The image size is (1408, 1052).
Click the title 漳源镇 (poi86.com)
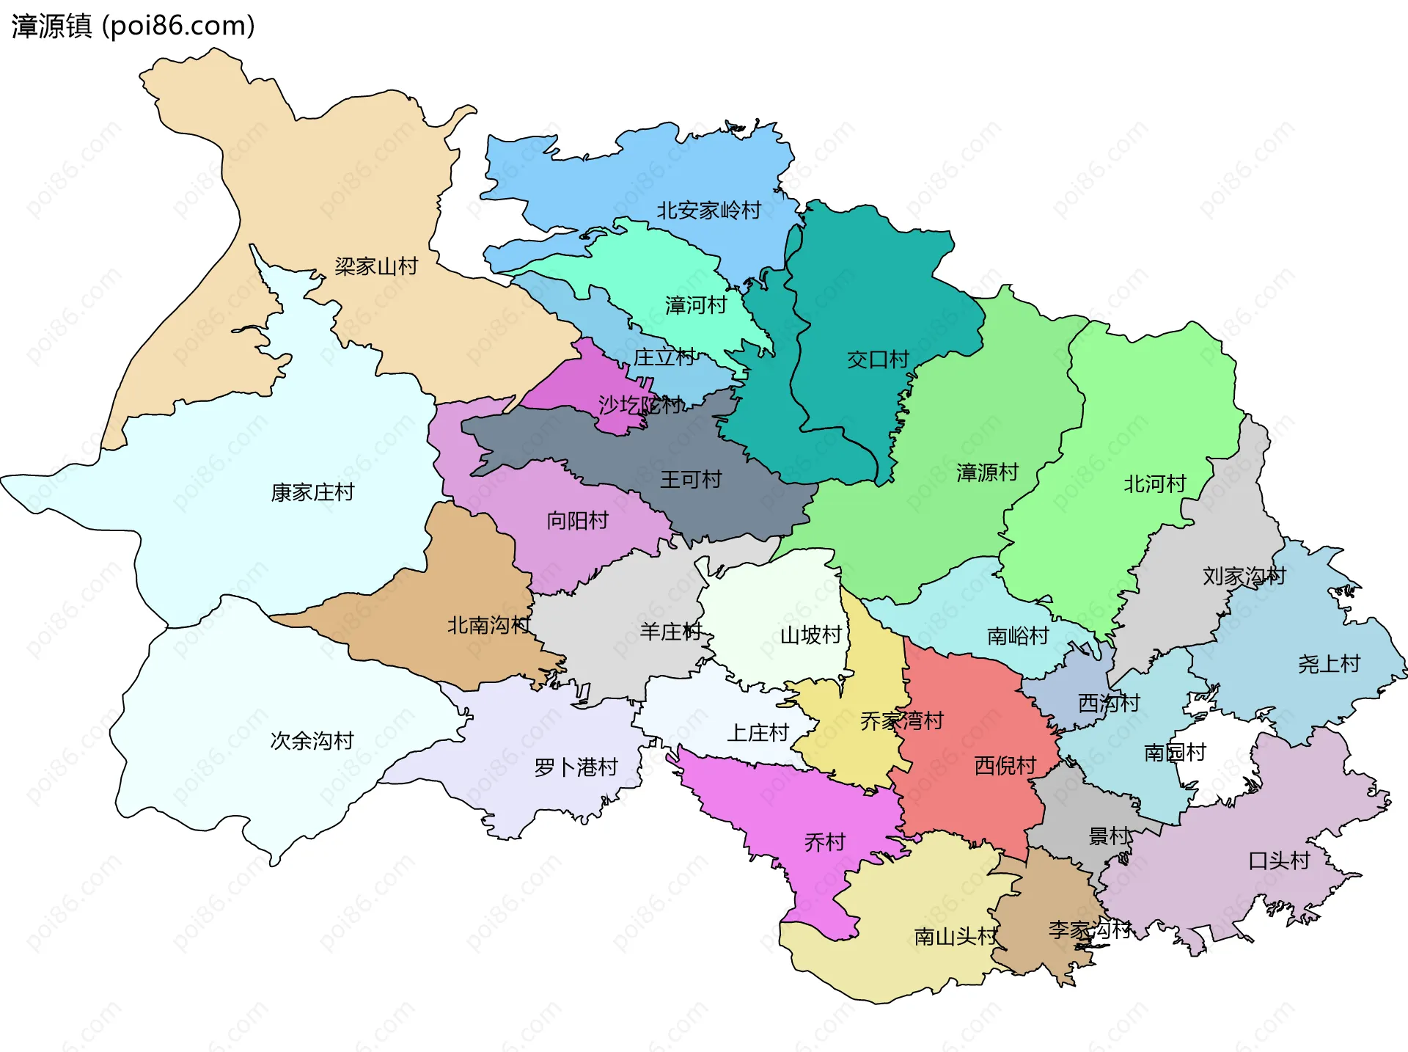133,26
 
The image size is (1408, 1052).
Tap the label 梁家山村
376,266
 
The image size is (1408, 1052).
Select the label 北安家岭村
708,211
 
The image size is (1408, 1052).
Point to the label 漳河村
695,305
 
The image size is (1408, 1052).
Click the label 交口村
878,359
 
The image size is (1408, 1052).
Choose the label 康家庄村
312,492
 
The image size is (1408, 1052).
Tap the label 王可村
691,480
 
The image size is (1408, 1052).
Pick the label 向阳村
577,521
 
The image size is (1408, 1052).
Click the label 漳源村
987,472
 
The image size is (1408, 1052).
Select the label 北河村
1154,484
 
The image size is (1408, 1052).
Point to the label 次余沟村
312,741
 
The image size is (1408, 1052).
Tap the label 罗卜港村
576,768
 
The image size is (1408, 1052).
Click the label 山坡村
810,635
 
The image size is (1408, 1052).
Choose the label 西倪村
1005,766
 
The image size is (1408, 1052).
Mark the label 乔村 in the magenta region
825,842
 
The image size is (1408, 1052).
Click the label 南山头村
956,937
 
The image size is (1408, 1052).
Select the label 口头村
1279,861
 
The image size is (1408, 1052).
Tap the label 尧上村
1329,665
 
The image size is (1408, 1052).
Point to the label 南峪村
1018,636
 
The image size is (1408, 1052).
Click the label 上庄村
758,733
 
